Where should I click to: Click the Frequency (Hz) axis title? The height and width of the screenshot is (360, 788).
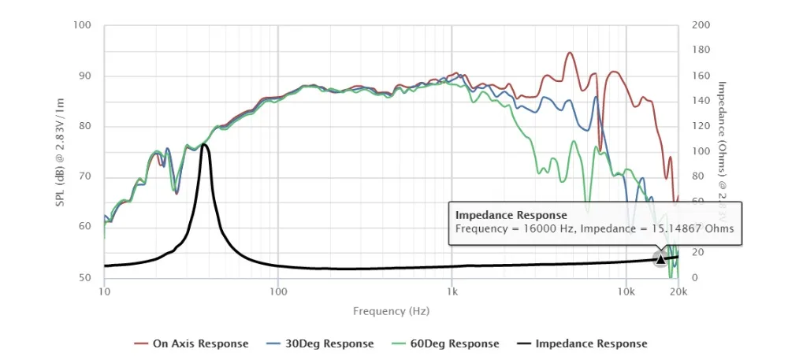(x=391, y=311)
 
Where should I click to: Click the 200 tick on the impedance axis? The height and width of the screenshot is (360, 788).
(x=700, y=25)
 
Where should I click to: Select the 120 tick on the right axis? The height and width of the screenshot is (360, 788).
(x=700, y=126)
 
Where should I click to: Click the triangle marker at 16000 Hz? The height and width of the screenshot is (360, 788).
(x=660, y=259)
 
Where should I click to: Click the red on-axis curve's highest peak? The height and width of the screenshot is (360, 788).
(x=570, y=53)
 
